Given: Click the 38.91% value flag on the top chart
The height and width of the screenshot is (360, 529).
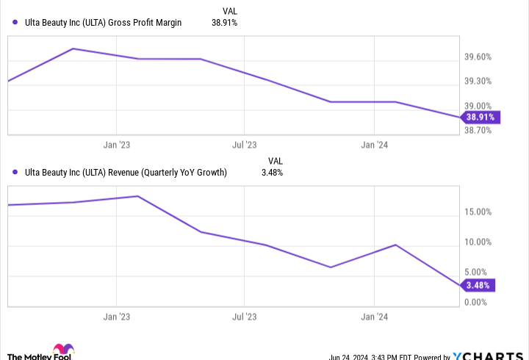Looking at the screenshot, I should point(480,117).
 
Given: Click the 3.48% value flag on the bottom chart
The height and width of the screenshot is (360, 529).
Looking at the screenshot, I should point(478,285).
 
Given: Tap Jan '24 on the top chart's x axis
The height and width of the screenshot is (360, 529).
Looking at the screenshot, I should point(374,145).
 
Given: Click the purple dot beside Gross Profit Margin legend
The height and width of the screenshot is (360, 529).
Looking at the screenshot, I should point(15,23).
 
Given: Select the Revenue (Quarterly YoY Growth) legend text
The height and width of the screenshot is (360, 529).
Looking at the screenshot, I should point(125,173).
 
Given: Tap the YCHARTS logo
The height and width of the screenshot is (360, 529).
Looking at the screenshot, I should point(488,355).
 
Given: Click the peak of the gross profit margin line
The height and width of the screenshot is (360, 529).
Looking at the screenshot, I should point(73,48).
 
